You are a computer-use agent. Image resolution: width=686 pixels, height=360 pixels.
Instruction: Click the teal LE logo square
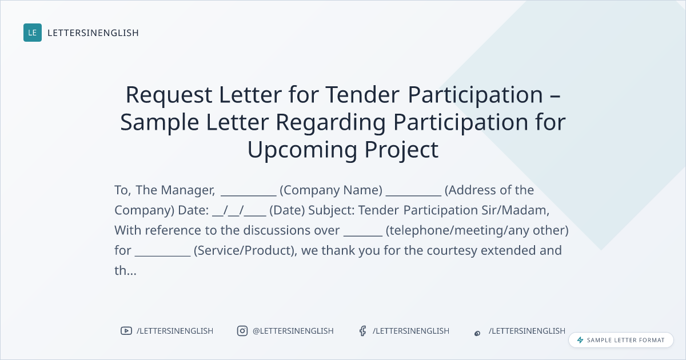coord(33,33)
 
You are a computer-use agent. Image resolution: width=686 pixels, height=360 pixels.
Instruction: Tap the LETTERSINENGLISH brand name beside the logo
coord(93,33)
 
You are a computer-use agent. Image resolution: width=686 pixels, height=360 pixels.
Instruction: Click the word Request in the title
coord(169,95)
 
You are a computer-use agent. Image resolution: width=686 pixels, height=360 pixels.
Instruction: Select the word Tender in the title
coord(362,95)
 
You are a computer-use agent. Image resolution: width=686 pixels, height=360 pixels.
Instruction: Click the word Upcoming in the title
coord(302,150)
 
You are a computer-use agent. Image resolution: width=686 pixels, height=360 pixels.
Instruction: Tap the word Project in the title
coord(401,150)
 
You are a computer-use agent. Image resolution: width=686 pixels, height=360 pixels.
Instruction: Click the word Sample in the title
coord(159,122)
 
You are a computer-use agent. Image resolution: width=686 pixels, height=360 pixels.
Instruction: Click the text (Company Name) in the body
coord(331,190)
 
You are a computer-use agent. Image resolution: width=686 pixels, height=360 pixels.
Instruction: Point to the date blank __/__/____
coord(239,211)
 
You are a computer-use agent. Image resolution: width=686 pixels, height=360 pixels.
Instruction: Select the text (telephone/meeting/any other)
coord(477,230)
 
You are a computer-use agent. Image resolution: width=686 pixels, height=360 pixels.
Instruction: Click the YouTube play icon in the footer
coord(126,331)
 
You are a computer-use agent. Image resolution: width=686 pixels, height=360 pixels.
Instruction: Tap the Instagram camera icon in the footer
coord(242,331)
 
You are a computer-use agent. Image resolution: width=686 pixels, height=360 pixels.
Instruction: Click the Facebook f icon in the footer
coord(363,331)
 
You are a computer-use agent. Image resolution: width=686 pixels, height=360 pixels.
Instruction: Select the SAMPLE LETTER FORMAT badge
coord(621,340)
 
